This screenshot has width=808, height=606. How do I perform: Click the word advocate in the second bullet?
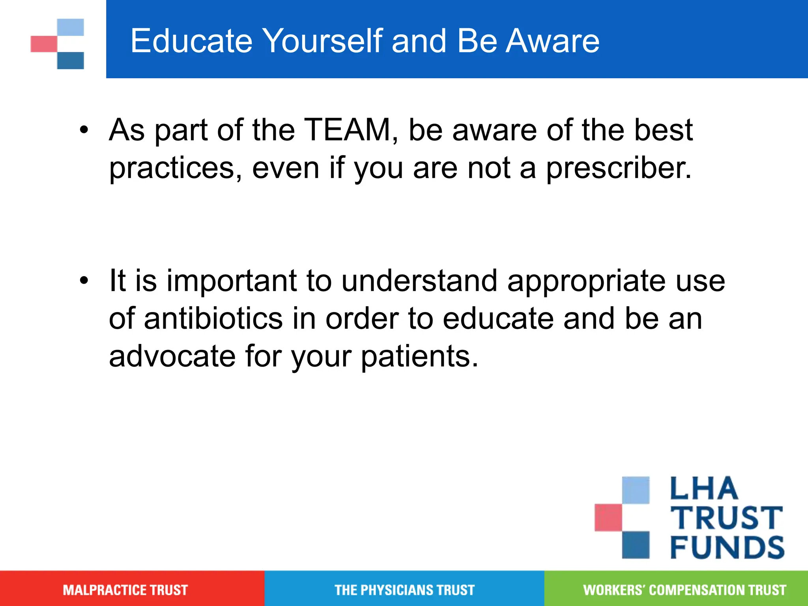click(172, 356)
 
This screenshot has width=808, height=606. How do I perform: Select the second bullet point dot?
click(84, 281)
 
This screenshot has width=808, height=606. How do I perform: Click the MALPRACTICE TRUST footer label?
click(125, 590)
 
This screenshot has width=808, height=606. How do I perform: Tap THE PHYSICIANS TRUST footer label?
click(404, 590)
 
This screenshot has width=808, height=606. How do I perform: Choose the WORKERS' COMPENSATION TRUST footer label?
click(685, 590)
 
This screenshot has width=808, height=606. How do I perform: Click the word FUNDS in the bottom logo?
click(727, 548)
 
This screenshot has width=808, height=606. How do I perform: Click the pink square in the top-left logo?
click(43, 44)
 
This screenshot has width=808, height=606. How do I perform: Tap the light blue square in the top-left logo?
click(71, 27)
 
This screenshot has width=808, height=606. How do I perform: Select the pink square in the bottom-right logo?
click(608, 517)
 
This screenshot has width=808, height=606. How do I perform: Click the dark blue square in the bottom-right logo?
click(636, 545)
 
